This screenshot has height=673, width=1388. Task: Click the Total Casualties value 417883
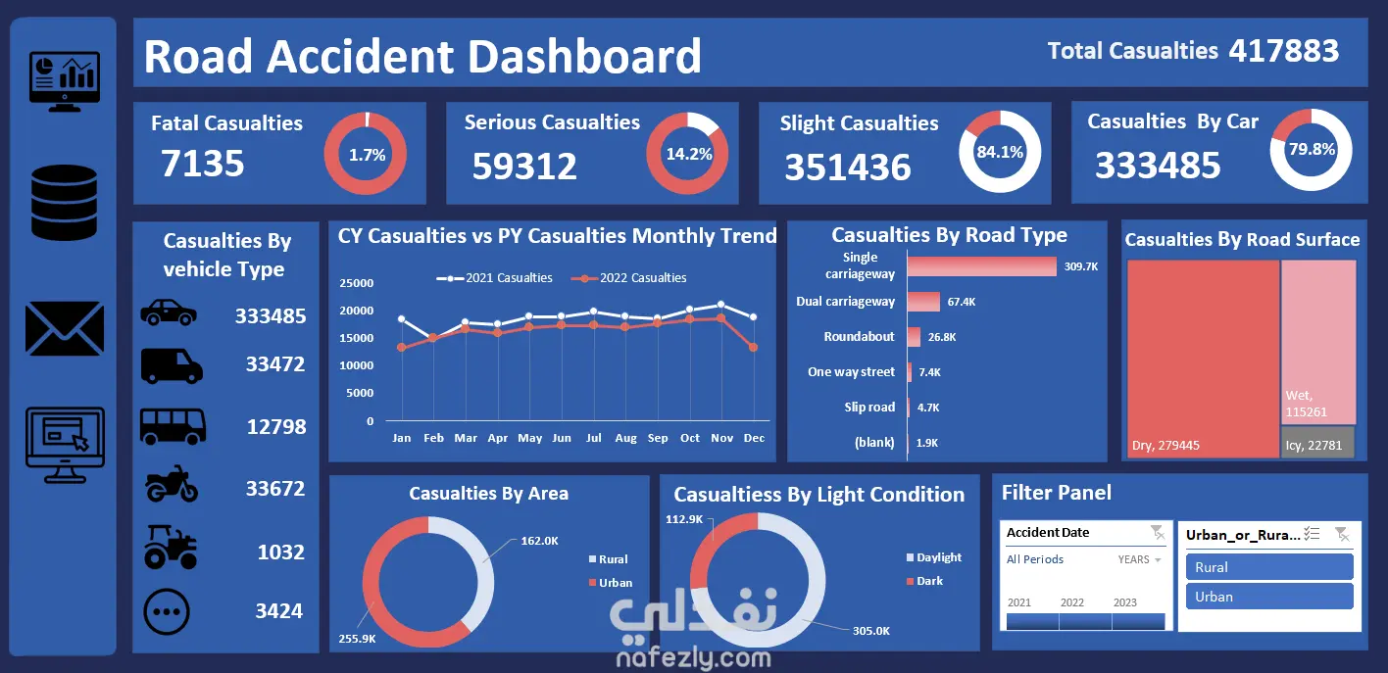click(x=1284, y=51)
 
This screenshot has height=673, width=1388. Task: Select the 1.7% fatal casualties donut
click(x=367, y=154)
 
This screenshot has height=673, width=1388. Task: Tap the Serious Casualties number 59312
click(x=524, y=167)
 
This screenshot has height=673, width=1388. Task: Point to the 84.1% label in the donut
click(x=999, y=152)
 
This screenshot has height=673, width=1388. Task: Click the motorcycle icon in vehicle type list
click(x=172, y=486)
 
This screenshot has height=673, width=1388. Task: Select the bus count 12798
click(x=275, y=427)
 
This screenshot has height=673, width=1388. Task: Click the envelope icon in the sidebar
click(x=65, y=328)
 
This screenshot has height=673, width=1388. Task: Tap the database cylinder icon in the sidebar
click(x=65, y=203)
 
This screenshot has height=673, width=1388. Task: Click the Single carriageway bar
click(x=981, y=266)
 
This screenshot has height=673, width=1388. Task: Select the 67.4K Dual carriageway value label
click(x=962, y=302)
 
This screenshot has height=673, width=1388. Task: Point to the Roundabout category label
click(x=859, y=337)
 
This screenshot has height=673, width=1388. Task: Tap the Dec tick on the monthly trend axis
click(x=754, y=438)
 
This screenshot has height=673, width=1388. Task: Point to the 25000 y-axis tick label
click(x=357, y=284)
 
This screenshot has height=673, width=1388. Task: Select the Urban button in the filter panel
click(x=1268, y=597)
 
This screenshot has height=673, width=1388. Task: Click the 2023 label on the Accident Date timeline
click(x=1125, y=602)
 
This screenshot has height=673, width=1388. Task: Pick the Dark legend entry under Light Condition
click(x=929, y=581)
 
